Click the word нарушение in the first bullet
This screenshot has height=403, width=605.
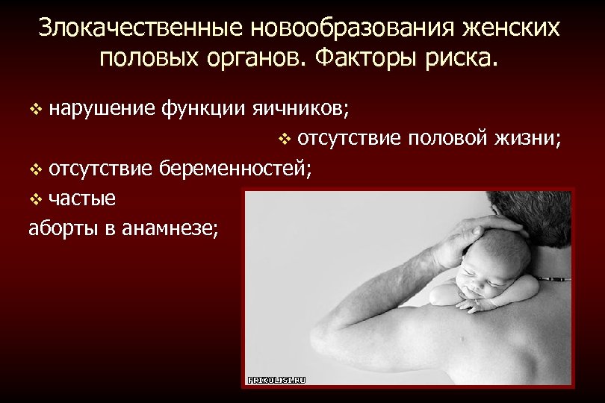click(x=101, y=109)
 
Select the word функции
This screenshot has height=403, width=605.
click(x=198, y=109)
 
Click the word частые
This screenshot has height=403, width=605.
click(x=82, y=199)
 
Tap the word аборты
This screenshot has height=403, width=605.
click(x=63, y=228)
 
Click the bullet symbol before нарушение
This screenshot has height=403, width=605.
click(x=34, y=110)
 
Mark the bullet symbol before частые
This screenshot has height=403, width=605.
click(x=34, y=199)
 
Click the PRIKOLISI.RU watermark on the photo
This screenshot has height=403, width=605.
click(x=276, y=380)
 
